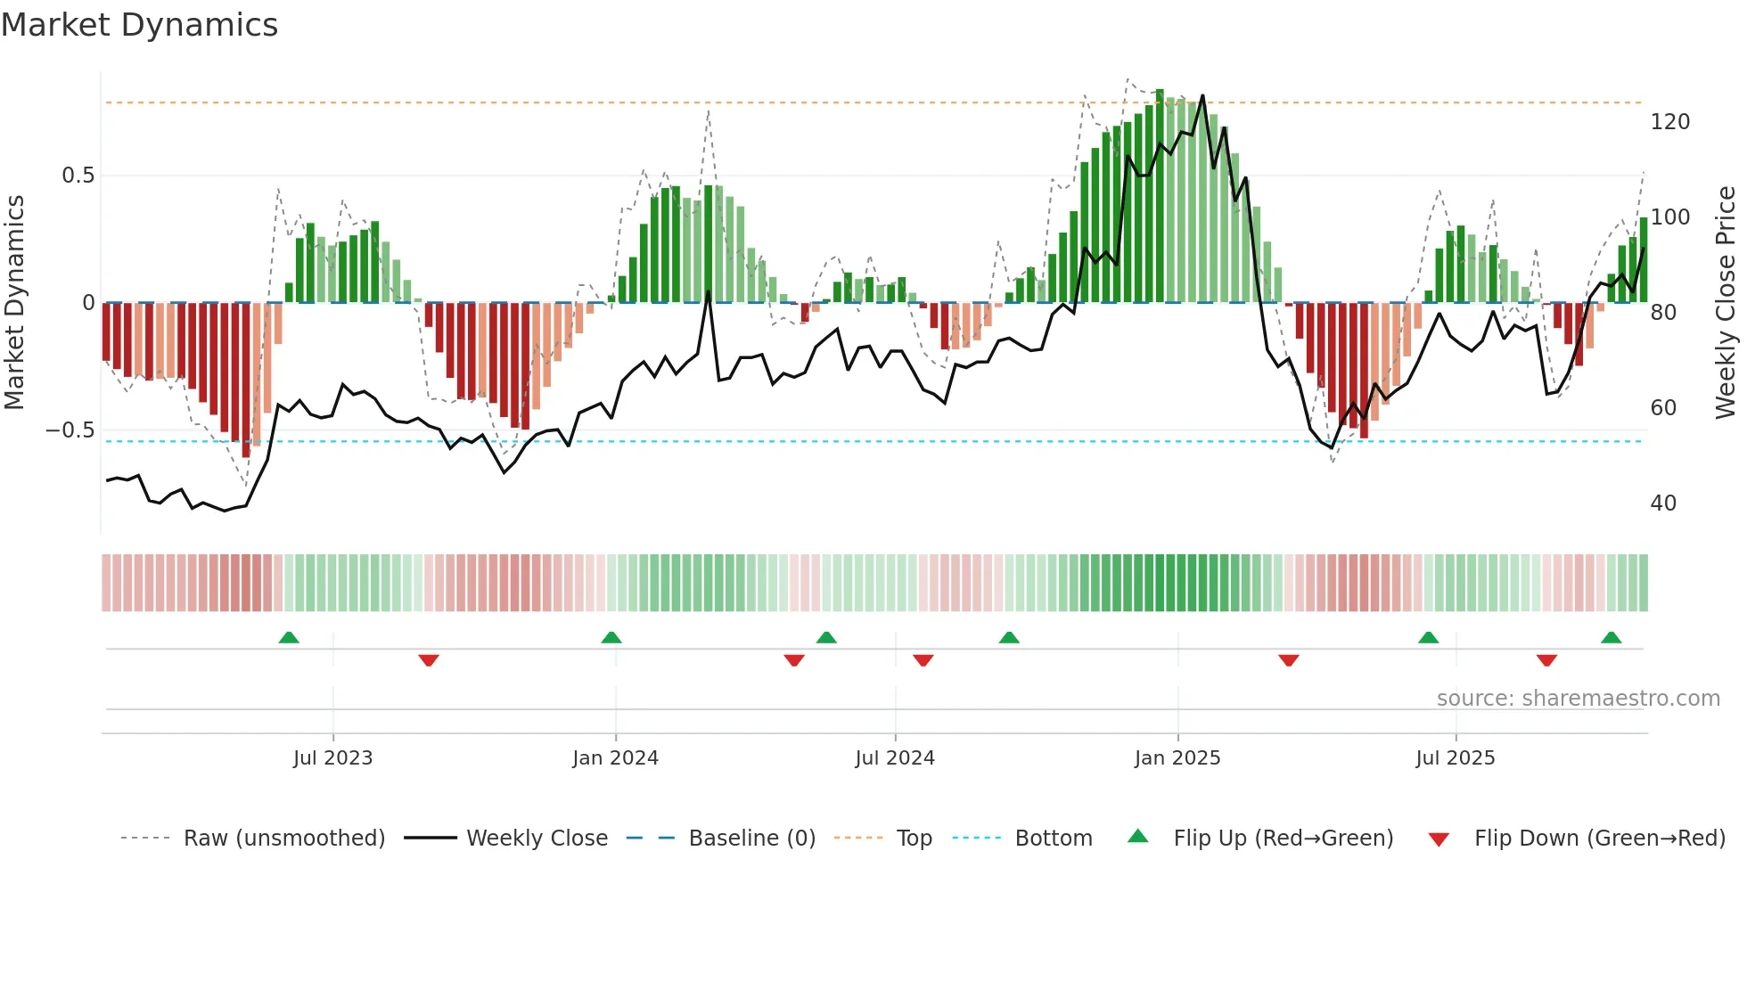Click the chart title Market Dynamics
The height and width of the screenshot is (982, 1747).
[139, 25]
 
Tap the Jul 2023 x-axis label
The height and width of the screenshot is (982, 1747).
[332, 758]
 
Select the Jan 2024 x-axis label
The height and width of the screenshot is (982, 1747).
[615, 758]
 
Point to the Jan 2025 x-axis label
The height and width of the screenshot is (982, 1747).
[1177, 758]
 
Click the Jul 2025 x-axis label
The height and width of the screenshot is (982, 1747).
[1456, 758]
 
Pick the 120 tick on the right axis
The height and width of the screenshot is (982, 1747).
[1669, 122]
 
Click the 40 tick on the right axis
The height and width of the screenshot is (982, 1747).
[1663, 503]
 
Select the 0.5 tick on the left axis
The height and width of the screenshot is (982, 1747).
[78, 176]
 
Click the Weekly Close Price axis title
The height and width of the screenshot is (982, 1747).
[1726, 302]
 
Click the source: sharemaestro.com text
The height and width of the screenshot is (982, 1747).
[1578, 699]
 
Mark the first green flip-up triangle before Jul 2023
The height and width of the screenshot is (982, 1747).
[289, 638]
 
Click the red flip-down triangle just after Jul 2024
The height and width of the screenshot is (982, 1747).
[923, 660]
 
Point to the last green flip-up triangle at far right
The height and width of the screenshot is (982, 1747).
[1611, 638]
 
